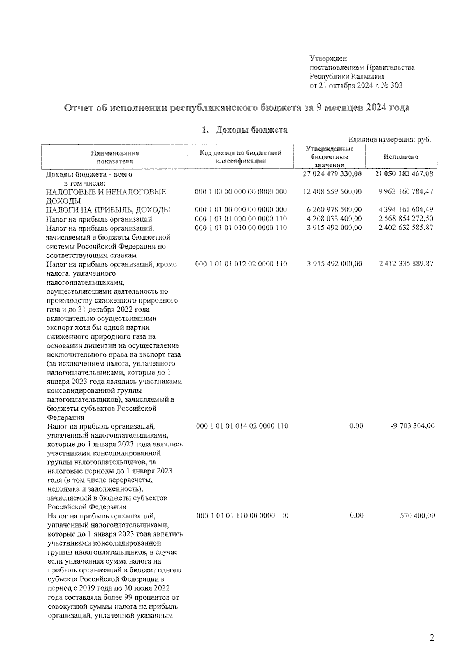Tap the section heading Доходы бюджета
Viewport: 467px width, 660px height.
click(x=251, y=130)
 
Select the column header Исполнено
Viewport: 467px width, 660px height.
click(x=401, y=157)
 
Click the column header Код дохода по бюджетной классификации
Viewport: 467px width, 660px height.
click(x=241, y=157)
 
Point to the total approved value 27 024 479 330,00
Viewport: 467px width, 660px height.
click(x=332, y=174)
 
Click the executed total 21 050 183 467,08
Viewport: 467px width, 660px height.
click(x=404, y=174)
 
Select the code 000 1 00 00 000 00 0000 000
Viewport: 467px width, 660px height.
click(x=241, y=192)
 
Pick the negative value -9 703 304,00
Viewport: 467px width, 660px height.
click(x=412, y=426)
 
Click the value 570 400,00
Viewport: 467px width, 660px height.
click(x=417, y=516)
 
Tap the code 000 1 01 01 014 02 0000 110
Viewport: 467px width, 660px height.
click(x=242, y=426)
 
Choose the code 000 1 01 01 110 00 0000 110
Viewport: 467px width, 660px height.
click(x=242, y=516)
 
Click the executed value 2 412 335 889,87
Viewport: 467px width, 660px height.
click(x=406, y=264)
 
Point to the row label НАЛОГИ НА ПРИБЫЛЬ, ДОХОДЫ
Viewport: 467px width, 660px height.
click(x=108, y=210)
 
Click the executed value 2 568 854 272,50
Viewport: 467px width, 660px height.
click(x=406, y=219)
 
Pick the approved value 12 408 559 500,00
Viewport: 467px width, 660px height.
click(x=332, y=192)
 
